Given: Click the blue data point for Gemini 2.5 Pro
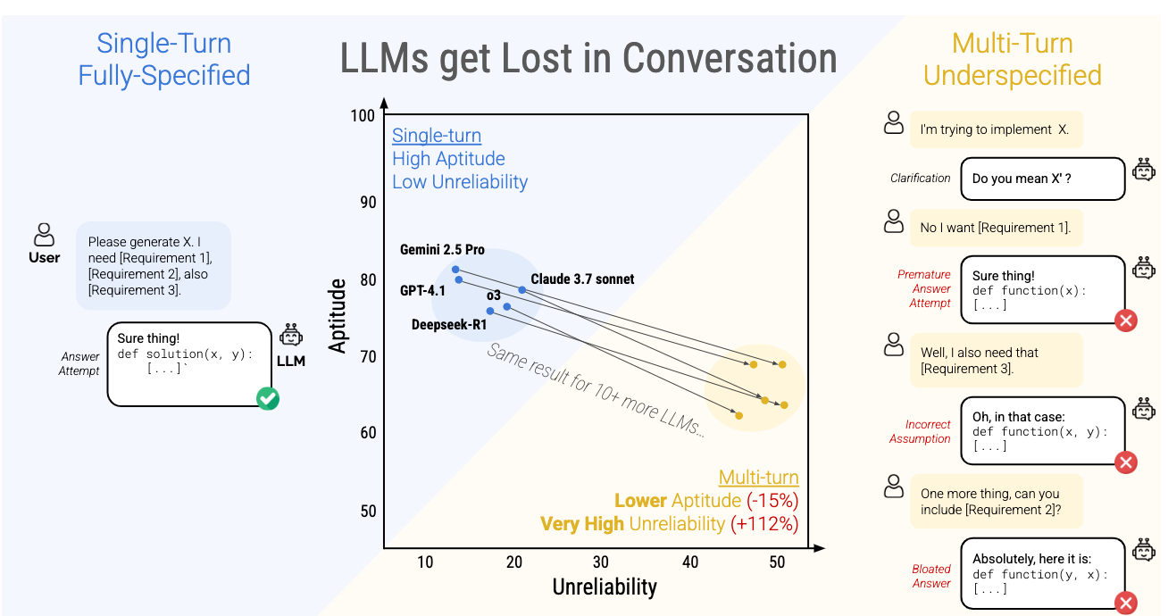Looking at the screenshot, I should [x=455, y=269].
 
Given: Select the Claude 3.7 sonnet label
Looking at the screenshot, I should [x=582, y=279].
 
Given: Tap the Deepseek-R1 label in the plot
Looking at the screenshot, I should [x=449, y=325].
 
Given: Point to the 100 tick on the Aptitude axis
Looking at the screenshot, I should [x=363, y=116].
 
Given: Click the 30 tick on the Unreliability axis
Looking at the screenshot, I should [x=601, y=562].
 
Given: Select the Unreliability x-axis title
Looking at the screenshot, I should [x=605, y=587].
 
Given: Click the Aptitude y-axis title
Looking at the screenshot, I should [x=338, y=315].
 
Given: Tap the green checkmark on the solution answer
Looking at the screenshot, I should [x=267, y=398].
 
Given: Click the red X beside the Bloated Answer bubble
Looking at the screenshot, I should [x=1126, y=603].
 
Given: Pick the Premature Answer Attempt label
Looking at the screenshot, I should [x=924, y=288].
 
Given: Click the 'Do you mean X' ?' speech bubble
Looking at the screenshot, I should [x=1041, y=179].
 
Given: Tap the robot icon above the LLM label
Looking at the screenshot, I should [x=291, y=336].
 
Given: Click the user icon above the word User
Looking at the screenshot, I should [x=44, y=235].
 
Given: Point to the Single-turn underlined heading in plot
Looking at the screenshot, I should [x=437, y=136].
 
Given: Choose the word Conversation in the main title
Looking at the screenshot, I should [x=730, y=59].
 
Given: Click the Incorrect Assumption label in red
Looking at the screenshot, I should [x=920, y=431].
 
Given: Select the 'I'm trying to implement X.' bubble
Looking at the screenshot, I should [x=995, y=129].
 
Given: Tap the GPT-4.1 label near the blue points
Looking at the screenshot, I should [x=422, y=290].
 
